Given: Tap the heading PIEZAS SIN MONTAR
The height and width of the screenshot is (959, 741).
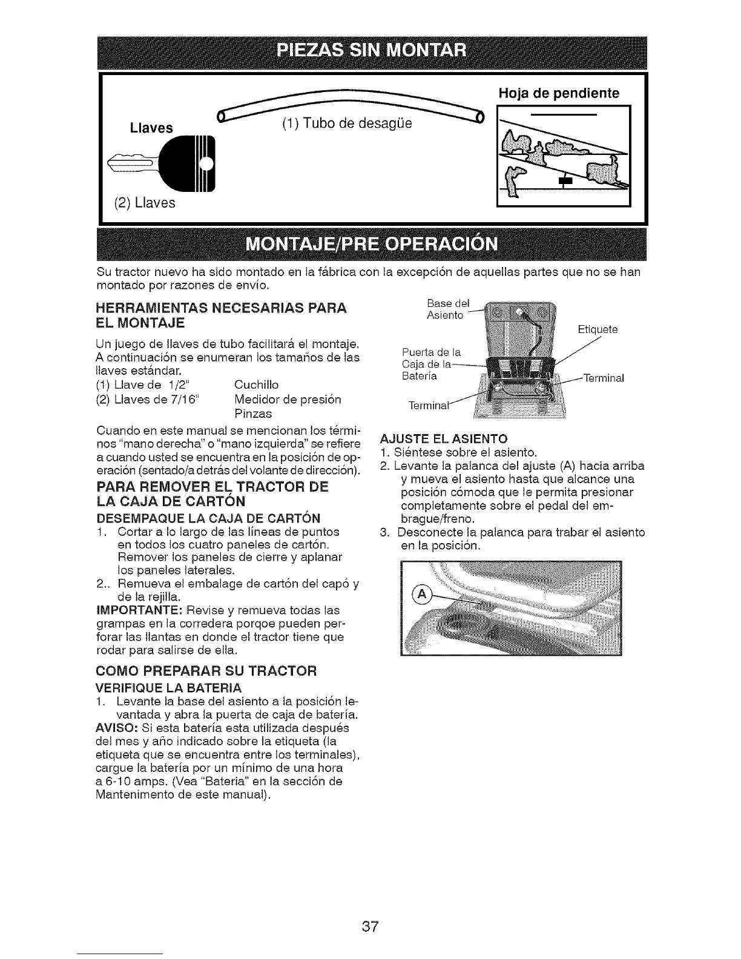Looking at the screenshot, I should [372, 50].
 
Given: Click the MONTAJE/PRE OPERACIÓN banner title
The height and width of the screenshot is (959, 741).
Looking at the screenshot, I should [372, 244].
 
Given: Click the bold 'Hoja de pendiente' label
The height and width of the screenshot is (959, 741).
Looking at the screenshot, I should [558, 93].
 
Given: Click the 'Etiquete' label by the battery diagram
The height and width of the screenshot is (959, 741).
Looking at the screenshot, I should [597, 330].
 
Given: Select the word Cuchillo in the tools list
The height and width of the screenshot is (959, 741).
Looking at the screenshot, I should [256, 385].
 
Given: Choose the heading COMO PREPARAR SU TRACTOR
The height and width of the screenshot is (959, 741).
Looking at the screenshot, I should [206, 671].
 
